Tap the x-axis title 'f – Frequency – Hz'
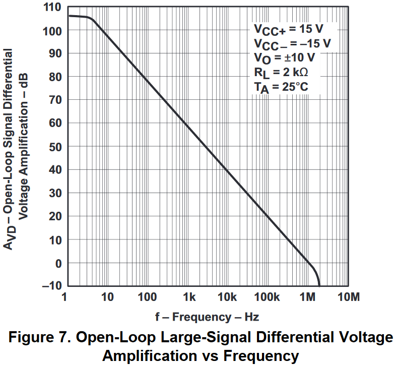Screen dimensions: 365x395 [207, 317]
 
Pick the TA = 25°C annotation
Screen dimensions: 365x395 [281, 87]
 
